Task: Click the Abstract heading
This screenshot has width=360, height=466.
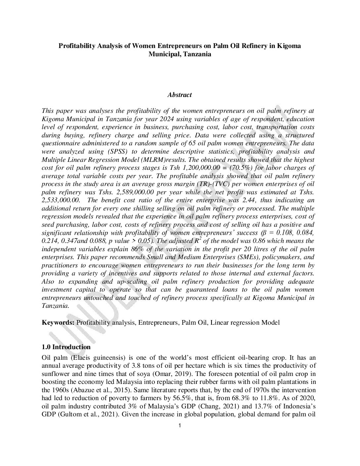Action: [x=179, y=95]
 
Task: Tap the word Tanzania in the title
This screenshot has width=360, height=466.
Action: [x=196, y=54]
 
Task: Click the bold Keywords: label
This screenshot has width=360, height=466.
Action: [x=58, y=322]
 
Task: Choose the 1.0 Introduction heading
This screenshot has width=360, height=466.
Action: [x=66, y=347]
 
